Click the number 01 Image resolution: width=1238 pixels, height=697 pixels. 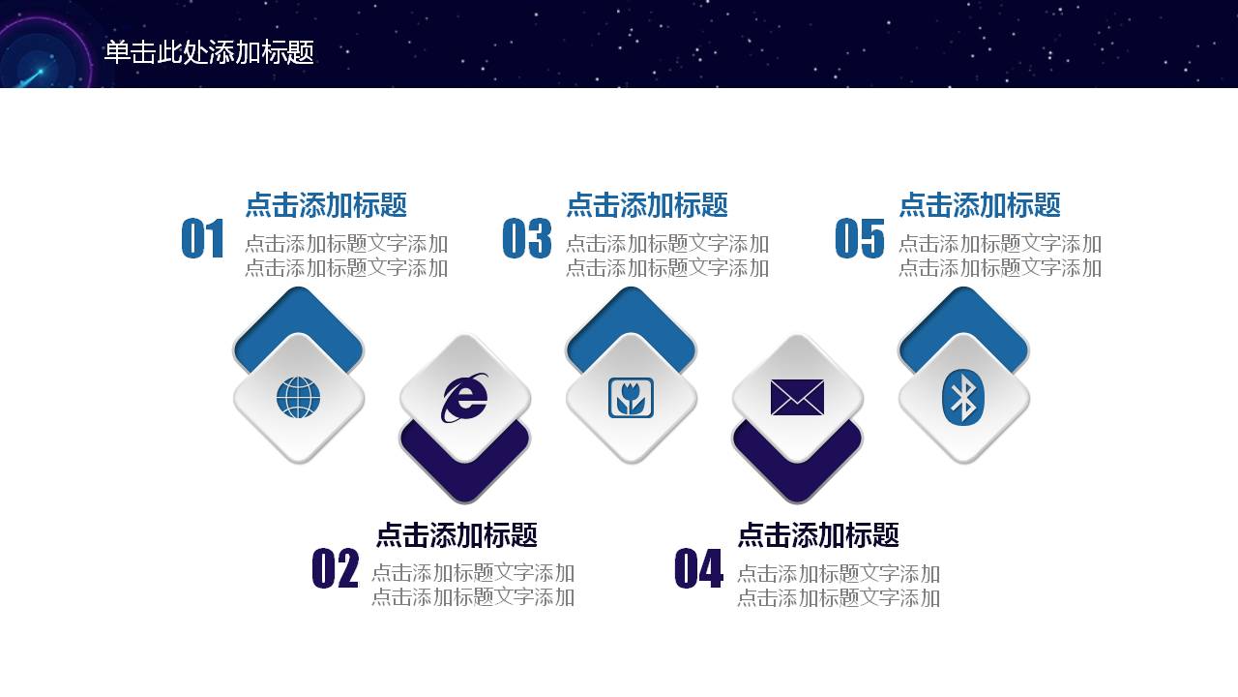[x=203, y=239]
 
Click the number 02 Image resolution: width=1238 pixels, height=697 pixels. [x=335, y=569]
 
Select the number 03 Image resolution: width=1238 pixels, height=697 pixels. [x=527, y=239]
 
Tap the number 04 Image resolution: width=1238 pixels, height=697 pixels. [x=698, y=569]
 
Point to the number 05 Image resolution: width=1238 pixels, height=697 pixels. [x=860, y=239]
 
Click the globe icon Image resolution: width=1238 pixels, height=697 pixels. [x=298, y=398]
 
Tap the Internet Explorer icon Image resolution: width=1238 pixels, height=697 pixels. [x=465, y=398]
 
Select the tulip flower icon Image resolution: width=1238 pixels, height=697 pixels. [x=631, y=398]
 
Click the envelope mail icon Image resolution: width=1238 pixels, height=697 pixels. [x=797, y=398]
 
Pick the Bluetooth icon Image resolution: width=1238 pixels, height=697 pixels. [x=963, y=398]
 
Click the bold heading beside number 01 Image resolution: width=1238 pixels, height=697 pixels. [x=326, y=205]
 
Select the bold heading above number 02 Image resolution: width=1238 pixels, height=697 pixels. [x=457, y=535]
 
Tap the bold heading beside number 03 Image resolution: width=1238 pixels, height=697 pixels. [x=647, y=205]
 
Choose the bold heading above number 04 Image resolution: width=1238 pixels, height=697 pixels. [x=818, y=535]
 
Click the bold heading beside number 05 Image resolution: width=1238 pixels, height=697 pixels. [x=980, y=205]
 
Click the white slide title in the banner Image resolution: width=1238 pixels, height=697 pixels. [x=209, y=52]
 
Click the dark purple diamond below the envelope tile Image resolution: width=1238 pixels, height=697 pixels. [x=797, y=474]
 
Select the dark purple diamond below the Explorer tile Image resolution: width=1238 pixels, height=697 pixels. [x=465, y=474]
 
